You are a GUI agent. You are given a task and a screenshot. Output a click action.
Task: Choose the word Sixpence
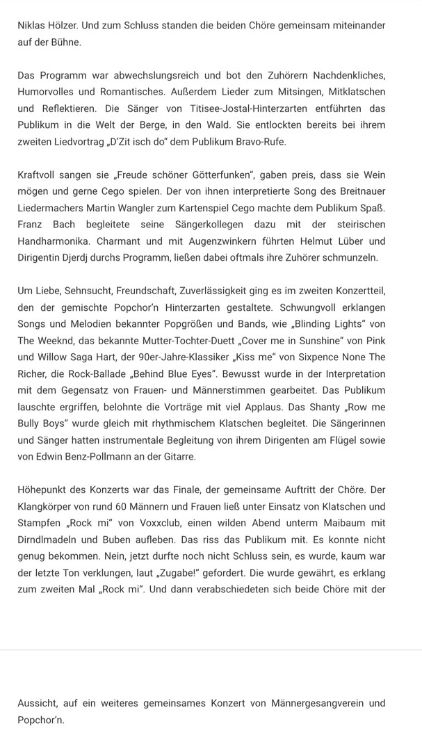(313, 357)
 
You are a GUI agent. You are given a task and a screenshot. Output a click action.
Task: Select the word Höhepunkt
(45, 490)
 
